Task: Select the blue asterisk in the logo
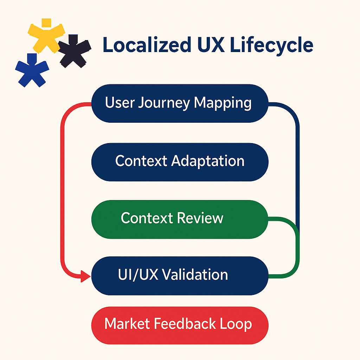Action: point(32,69)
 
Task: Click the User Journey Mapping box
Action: point(180,103)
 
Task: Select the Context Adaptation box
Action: point(180,162)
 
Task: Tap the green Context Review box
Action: point(180,219)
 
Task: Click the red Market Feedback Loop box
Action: point(180,324)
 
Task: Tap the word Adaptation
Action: point(208,161)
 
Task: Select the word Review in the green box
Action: point(200,218)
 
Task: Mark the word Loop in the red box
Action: point(237,324)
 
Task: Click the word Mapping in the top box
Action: point(223,103)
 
